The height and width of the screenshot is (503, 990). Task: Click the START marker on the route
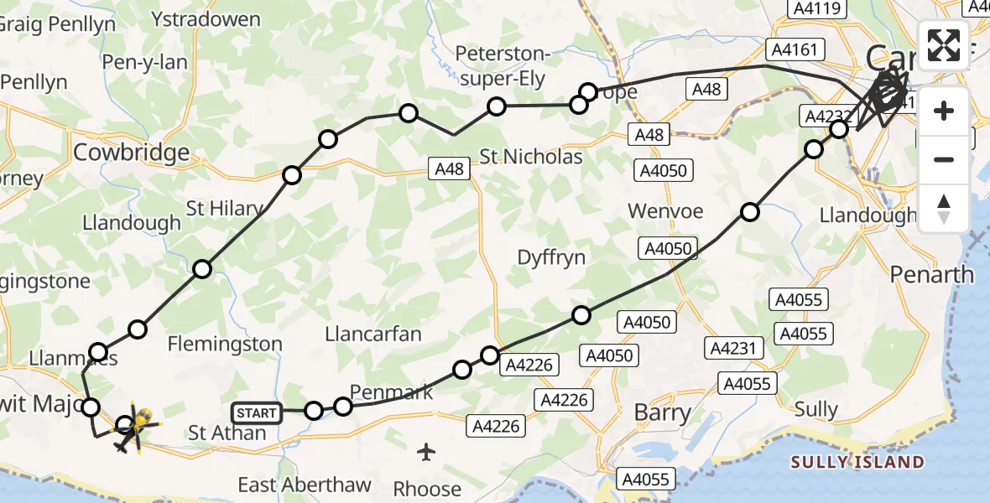point(257,412)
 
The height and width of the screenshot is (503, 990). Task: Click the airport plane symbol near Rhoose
point(427,453)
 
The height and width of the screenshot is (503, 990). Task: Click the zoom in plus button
point(944,111)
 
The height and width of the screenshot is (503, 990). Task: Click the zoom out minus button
point(944,159)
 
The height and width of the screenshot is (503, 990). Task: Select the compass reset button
point(944,207)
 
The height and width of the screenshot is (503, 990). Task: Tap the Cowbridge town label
point(132,153)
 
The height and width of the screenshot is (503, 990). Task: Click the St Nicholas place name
point(531,157)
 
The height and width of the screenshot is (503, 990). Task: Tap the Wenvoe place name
point(665,211)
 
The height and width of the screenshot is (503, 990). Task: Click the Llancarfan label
point(373,334)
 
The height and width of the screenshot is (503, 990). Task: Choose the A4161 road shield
point(793,50)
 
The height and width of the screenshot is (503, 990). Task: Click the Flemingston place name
point(225,344)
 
